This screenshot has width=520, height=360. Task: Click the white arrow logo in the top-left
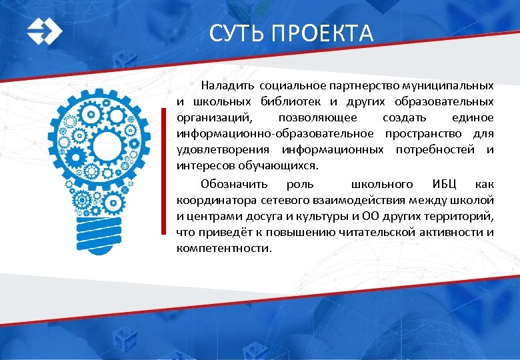pyautogui.click(x=44, y=31)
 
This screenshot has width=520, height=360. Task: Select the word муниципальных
pyautogui.click(x=453, y=86)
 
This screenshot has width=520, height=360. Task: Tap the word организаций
pyautogui.click(x=214, y=118)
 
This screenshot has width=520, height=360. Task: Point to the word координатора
pyautogui.click(x=213, y=199)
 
